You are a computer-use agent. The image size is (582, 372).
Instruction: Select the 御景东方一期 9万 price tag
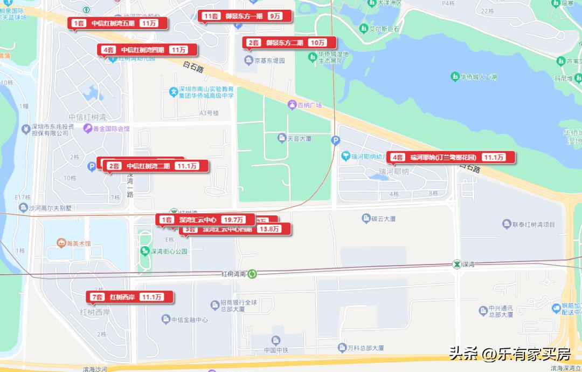(x=245, y=16)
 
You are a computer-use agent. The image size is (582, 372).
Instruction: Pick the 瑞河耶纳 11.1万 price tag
(x=451, y=157)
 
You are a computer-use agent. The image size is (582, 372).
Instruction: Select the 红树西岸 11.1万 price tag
(x=130, y=297)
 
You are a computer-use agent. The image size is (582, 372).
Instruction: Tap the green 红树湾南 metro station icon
(x=252, y=274)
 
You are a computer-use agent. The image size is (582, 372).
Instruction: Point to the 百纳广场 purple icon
(x=292, y=105)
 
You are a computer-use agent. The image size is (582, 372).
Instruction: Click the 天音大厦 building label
(x=294, y=139)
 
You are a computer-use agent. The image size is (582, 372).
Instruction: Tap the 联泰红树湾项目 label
(x=528, y=224)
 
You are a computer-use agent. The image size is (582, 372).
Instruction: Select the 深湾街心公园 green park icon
(x=145, y=251)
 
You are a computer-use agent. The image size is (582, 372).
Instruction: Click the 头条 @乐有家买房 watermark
(x=510, y=354)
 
